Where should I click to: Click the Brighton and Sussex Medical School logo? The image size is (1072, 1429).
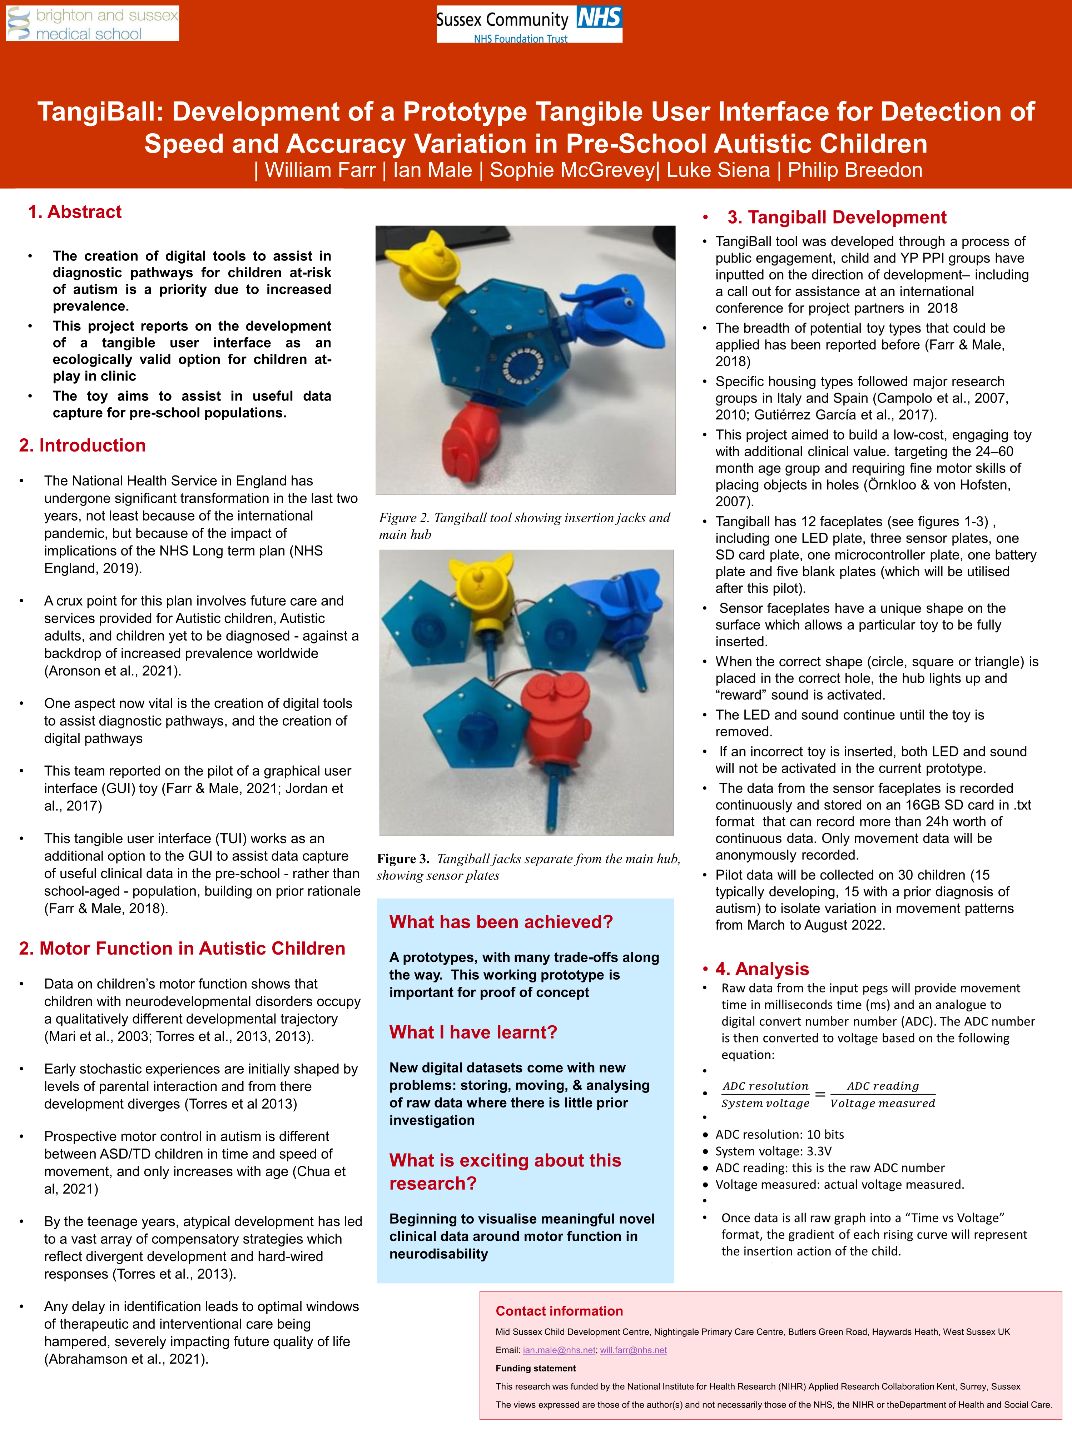93,24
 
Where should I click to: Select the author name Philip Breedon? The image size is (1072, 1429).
854,170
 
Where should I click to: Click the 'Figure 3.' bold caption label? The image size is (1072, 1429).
403,858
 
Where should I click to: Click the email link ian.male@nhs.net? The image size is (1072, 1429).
559,1350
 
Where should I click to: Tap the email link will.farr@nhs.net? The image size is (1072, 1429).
633,1350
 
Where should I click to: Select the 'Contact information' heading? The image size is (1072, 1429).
559,1311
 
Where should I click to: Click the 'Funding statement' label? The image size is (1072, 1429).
536,1368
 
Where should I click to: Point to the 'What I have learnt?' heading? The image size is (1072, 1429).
473,1032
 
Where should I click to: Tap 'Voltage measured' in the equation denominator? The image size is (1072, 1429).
883,1104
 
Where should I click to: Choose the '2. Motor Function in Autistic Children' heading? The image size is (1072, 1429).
182,948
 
